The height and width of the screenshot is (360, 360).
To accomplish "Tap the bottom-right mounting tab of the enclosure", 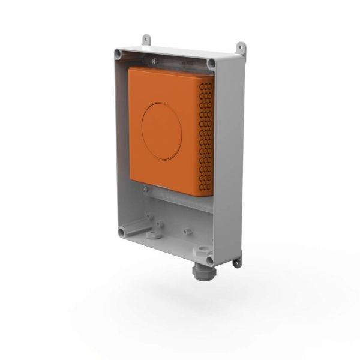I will point(238,262).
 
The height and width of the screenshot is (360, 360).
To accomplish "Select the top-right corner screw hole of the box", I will point(211,63).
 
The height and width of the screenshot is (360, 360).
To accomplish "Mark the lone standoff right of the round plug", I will point(188,230).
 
